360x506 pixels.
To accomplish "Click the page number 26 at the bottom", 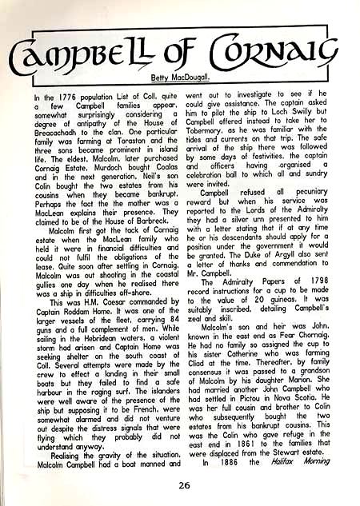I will click(x=184, y=485).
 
